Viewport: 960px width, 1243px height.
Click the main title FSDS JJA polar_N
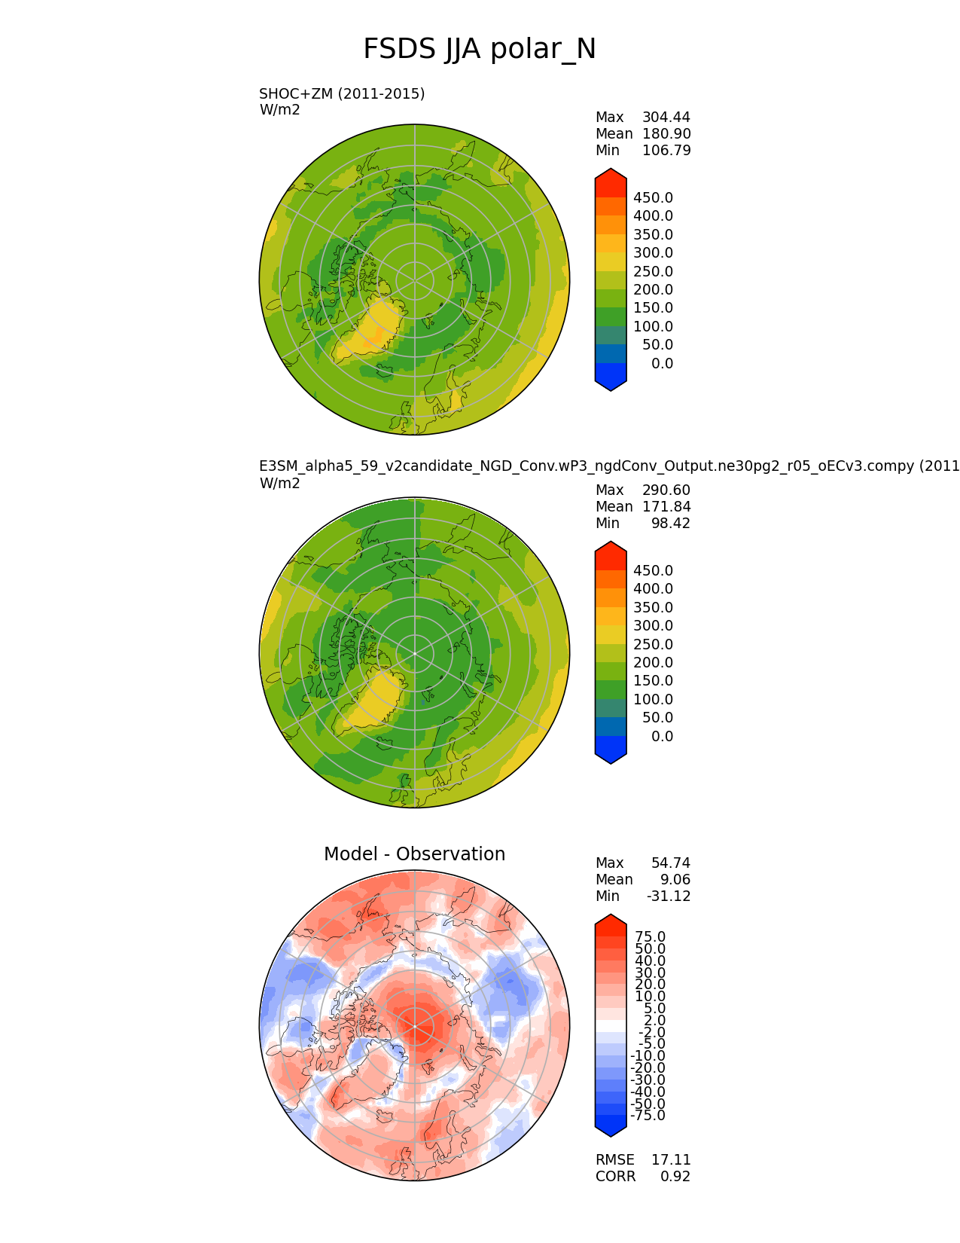(480, 50)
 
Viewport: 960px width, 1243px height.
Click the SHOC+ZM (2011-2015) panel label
(342, 94)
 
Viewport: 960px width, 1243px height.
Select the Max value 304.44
(666, 118)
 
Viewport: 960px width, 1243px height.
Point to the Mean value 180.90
(666, 134)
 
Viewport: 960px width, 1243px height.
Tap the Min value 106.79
(666, 151)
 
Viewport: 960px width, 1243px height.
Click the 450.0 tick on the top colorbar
(653, 198)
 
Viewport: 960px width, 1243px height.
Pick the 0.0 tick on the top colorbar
(662, 364)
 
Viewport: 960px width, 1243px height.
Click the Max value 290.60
(666, 490)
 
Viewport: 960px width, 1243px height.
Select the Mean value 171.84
(666, 507)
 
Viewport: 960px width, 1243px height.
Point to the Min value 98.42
(670, 524)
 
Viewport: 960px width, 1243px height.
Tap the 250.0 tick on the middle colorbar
(653, 645)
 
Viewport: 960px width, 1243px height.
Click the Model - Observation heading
(414, 854)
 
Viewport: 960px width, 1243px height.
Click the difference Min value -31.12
(669, 896)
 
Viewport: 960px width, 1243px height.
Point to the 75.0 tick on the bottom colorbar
(650, 937)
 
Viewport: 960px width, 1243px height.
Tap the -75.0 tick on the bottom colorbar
(648, 1116)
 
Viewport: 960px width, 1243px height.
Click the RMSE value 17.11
(671, 1160)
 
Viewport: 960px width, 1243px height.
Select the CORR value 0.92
(675, 1177)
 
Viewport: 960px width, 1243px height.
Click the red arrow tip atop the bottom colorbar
(611, 919)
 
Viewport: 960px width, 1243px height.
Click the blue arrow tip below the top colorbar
(611, 386)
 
